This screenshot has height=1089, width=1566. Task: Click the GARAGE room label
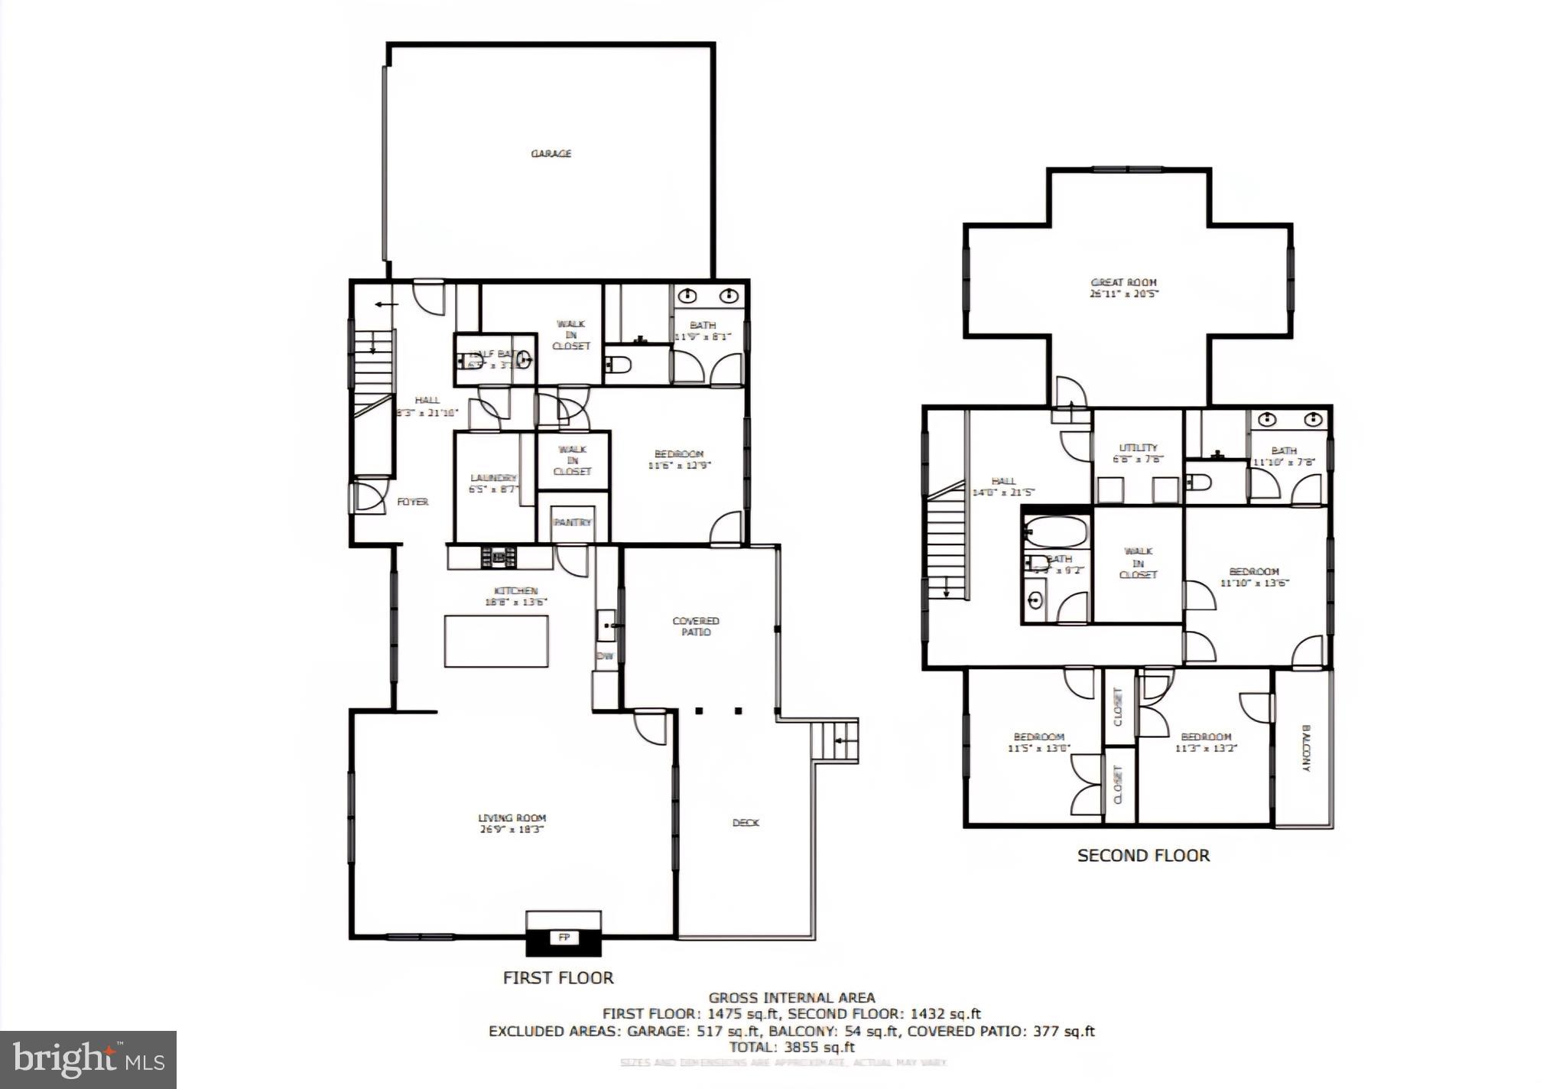click(551, 154)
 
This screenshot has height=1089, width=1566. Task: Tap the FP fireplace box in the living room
click(564, 938)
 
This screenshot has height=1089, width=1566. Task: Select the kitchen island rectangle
click(496, 641)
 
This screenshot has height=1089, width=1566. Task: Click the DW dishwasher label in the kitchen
click(605, 656)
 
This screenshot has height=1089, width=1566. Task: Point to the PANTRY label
click(572, 522)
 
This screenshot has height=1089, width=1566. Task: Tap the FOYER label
click(412, 502)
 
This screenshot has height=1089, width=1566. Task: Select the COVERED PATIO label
click(696, 626)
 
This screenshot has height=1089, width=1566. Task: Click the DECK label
click(746, 823)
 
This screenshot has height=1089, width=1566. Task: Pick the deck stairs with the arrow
click(834, 740)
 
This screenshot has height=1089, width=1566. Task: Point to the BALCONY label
click(1306, 748)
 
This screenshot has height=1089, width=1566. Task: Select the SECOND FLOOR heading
click(1143, 856)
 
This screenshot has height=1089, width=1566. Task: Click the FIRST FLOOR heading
click(558, 977)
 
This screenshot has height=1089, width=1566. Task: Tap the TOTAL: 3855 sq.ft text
click(791, 1047)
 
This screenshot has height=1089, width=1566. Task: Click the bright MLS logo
click(88, 1059)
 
